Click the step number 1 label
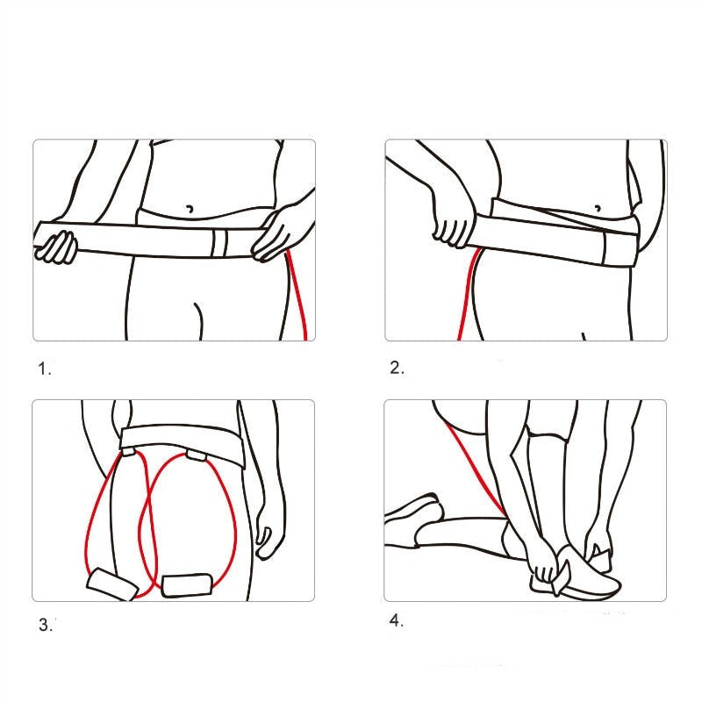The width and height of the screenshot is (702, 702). tap(45, 369)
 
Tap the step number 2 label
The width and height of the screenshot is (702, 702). tap(397, 369)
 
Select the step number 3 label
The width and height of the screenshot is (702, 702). tap(45, 626)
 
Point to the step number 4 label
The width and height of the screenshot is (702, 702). tap(397, 621)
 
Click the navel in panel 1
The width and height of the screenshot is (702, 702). tap(190, 209)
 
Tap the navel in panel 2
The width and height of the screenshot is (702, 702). tap(598, 209)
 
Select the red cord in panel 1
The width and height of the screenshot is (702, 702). tap(298, 298)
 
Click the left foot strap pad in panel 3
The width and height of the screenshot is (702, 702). tap(111, 584)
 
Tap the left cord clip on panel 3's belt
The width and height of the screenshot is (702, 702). tap(129, 453)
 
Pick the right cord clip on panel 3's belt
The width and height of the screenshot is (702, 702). tap(193, 457)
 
